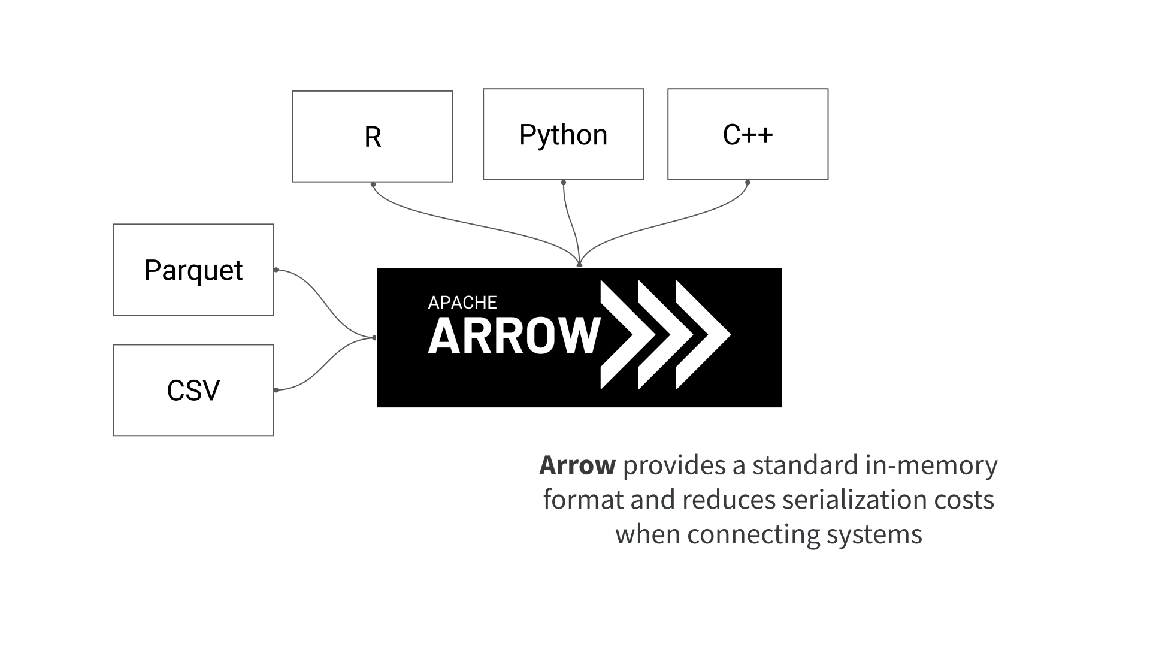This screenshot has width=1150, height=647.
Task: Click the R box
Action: point(372,137)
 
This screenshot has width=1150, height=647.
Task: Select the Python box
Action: point(563,134)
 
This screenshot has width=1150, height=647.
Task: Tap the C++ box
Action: point(747,134)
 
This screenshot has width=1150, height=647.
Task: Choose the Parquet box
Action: point(193,270)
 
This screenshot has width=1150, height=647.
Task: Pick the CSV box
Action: point(193,390)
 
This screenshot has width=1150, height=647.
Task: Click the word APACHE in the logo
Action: point(462,303)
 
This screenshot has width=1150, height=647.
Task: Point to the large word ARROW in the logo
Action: point(513,336)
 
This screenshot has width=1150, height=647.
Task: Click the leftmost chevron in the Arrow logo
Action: point(623,335)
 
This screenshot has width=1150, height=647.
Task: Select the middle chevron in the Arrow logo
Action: point(659,335)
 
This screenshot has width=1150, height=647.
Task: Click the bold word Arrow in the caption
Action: point(577,465)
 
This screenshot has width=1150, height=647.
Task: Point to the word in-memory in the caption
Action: point(931,465)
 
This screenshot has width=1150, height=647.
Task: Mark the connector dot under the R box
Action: point(373,185)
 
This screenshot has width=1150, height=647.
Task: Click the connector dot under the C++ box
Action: point(747,182)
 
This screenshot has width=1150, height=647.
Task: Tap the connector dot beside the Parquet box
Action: point(276,270)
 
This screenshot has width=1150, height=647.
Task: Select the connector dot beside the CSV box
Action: point(276,390)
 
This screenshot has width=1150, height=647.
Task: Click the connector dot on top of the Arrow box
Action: point(579,264)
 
